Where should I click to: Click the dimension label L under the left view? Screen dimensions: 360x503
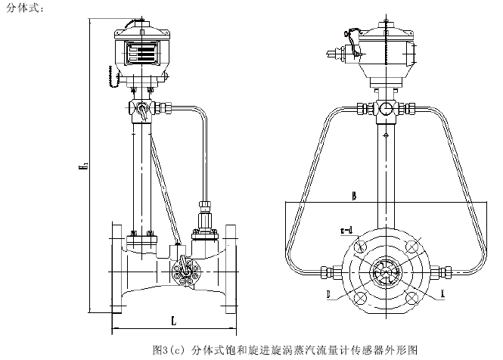(x=175, y=321)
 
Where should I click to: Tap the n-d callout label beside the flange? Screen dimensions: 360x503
(x=346, y=228)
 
